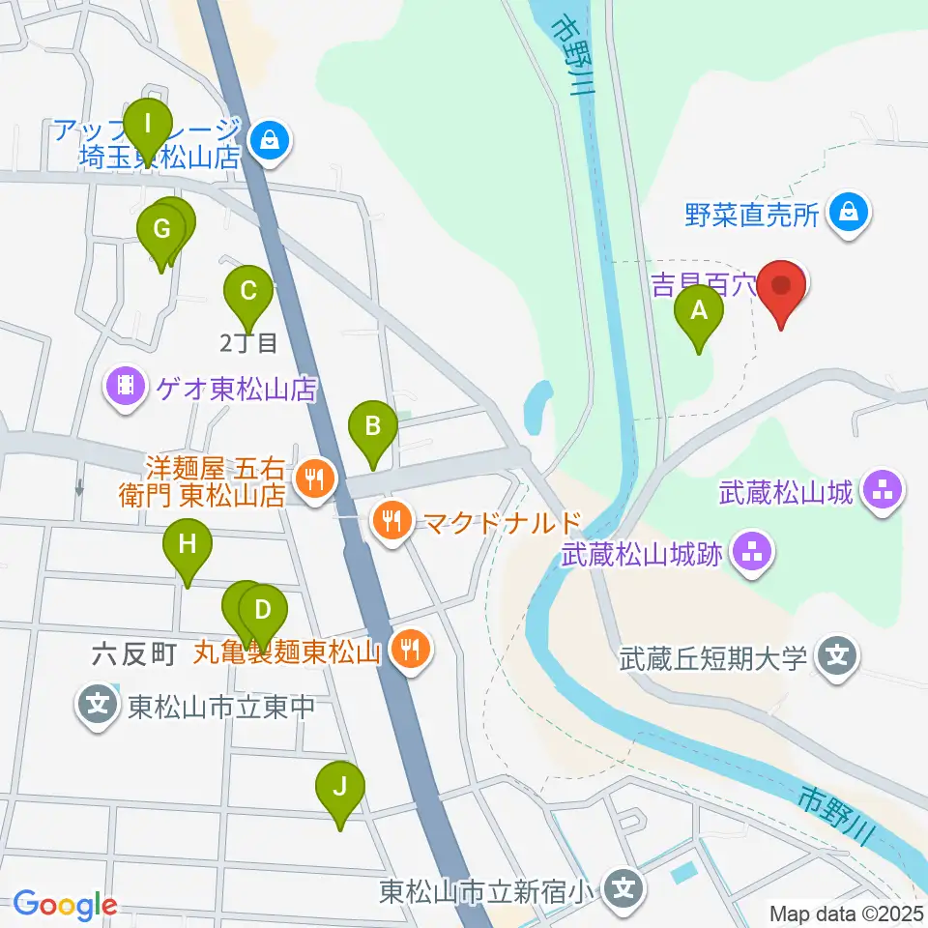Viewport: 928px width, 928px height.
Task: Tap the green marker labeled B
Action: (373, 425)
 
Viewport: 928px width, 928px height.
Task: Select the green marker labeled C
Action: (247, 290)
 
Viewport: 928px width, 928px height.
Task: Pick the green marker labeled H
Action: (188, 545)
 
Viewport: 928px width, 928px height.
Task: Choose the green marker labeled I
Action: (148, 125)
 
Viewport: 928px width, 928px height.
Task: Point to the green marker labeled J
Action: (339, 787)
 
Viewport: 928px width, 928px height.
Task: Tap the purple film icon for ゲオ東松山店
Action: (126, 388)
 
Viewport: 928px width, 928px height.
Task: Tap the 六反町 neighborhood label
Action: (134, 655)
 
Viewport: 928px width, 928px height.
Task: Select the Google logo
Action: (64, 905)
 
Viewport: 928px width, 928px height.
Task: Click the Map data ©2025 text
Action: (847, 913)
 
